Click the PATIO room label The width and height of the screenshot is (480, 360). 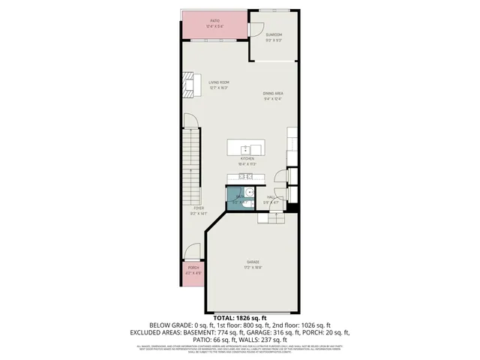tap(214, 21)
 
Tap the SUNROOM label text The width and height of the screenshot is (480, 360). tap(274, 34)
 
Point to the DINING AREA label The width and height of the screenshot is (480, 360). tap(273, 93)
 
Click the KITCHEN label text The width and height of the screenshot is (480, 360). tap(247, 159)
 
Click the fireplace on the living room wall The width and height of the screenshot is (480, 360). tap(188, 85)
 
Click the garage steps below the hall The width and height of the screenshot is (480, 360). tap(271, 217)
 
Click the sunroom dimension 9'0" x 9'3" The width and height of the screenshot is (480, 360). tap(274, 40)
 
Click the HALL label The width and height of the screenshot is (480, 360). tap(270, 197)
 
